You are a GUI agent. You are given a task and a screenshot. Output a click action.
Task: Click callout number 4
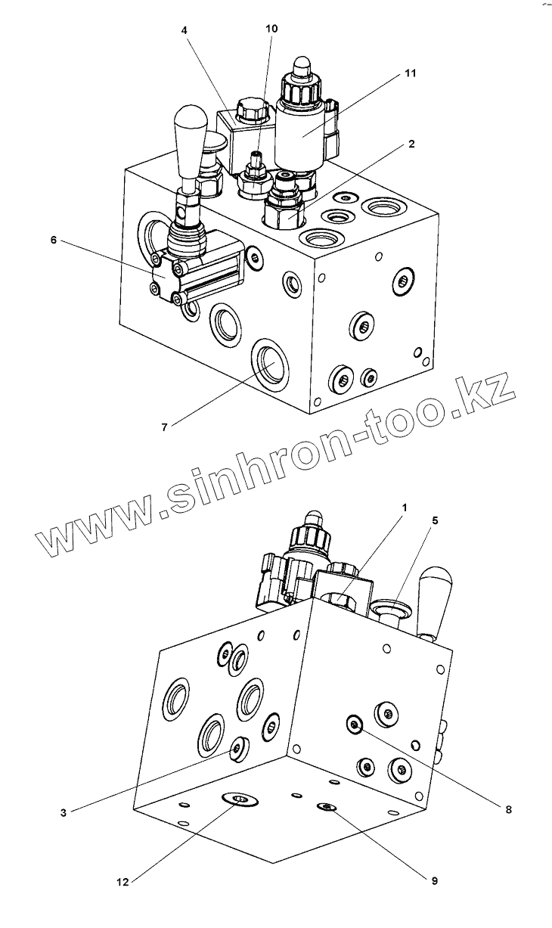click(x=184, y=30)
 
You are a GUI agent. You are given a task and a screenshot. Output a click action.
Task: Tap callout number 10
click(x=271, y=29)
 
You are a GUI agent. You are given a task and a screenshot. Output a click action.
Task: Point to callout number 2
click(x=411, y=144)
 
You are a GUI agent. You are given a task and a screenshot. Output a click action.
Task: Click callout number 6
click(x=53, y=240)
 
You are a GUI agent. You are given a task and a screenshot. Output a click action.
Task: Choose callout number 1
click(x=404, y=507)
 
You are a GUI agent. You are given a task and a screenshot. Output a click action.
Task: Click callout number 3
click(x=64, y=813)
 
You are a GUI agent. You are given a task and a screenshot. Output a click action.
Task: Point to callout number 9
click(x=434, y=880)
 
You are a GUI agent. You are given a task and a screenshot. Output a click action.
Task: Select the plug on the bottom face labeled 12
click(x=239, y=799)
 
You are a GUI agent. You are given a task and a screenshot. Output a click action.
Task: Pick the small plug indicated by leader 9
click(x=327, y=808)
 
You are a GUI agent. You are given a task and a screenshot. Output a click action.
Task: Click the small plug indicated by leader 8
click(x=354, y=725)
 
